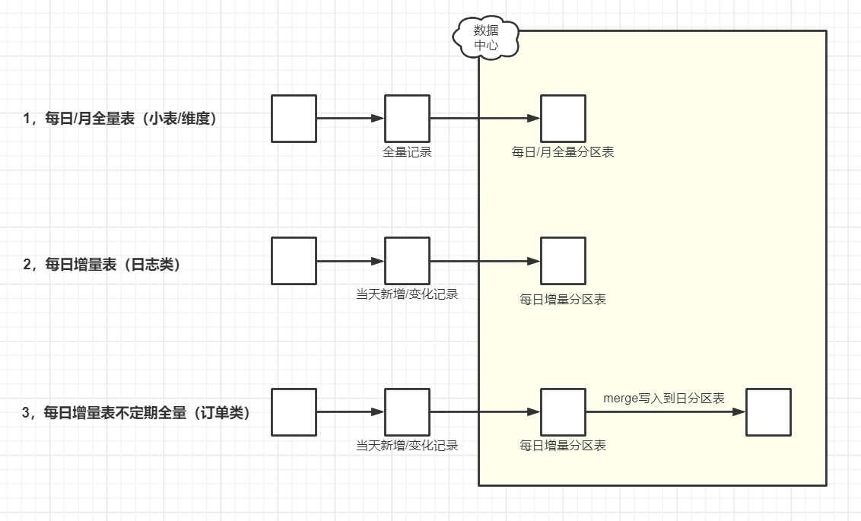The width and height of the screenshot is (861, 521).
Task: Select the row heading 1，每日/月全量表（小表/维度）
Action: click(x=125, y=119)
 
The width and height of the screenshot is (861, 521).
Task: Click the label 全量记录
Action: click(x=407, y=152)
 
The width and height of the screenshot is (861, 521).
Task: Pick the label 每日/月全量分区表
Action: click(x=563, y=152)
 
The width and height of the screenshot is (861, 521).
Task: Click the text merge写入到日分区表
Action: click(x=664, y=398)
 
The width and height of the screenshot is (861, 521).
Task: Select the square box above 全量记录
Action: click(x=407, y=119)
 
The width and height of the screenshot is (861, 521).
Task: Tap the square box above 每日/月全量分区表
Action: click(x=563, y=119)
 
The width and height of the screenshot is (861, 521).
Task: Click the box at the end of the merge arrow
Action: click(x=768, y=412)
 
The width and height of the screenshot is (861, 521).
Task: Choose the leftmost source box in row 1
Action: click(x=294, y=119)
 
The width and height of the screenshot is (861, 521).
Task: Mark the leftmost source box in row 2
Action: click(x=294, y=261)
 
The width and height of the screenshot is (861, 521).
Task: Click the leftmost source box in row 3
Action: click(x=294, y=412)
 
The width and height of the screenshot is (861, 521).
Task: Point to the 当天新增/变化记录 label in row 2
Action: click(x=407, y=294)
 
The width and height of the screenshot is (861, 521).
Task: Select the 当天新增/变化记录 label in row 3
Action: click(x=407, y=446)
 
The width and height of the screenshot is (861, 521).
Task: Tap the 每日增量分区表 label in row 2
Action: click(x=563, y=300)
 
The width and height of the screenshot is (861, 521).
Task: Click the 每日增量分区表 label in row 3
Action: click(x=563, y=446)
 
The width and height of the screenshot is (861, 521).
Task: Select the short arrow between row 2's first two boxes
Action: click(x=350, y=261)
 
